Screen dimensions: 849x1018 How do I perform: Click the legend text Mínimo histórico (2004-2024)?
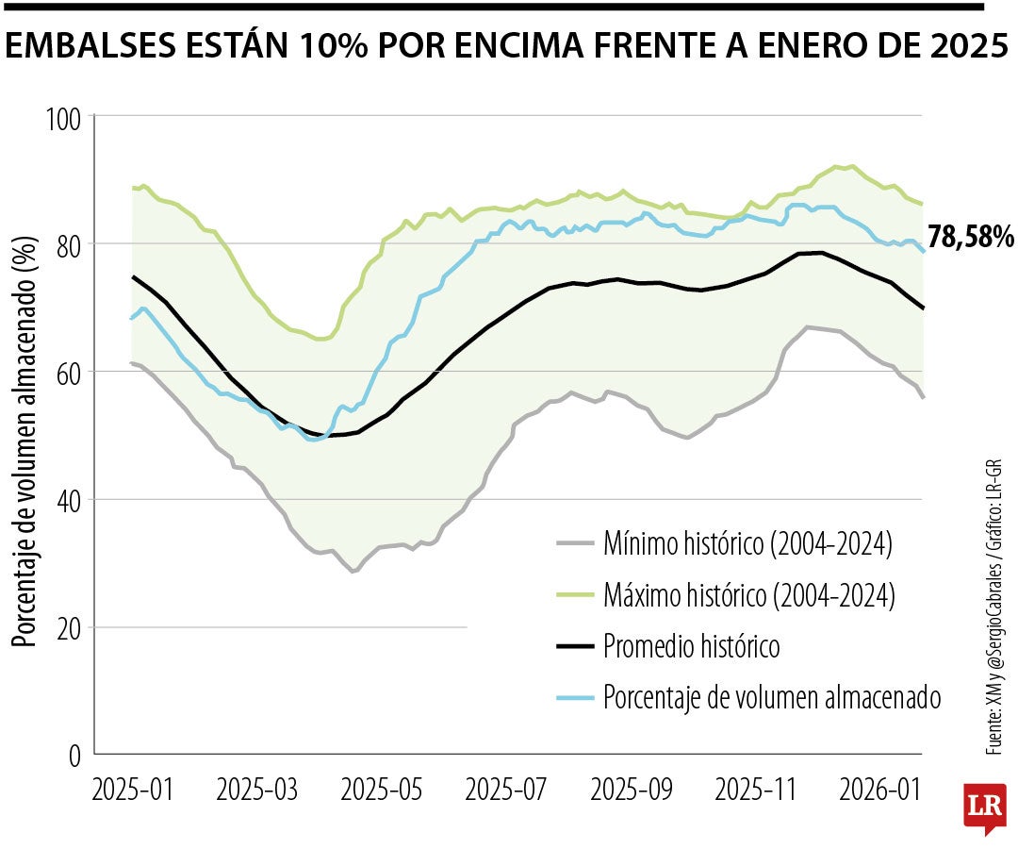click(747, 543)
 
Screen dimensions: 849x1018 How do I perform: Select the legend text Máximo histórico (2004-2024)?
click(749, 595)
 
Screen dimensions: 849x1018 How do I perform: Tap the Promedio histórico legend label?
click(692, 647)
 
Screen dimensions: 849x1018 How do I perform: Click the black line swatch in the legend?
click(574, 647)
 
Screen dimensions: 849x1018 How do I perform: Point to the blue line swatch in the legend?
click(574, 698)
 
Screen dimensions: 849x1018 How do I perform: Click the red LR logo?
click(984, 807)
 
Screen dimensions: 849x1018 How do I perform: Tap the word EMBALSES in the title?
click(100, 47)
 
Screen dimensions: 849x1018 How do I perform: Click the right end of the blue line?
click(924, 250)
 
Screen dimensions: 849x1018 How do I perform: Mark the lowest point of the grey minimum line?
click(353, 572)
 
